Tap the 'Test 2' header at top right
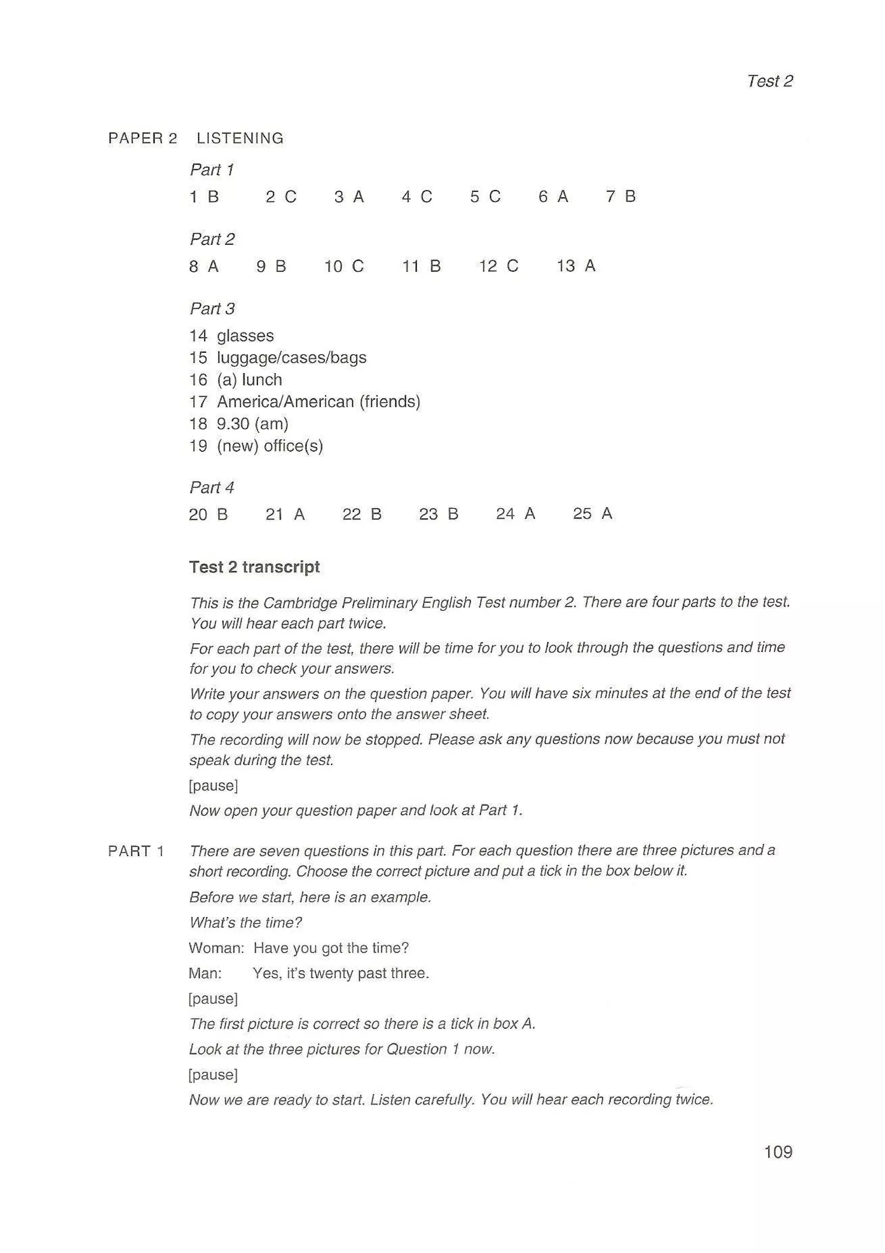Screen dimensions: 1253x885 (769, 81)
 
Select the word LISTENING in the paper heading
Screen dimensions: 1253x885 (240, 139)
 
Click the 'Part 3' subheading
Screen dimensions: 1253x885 (212, 309)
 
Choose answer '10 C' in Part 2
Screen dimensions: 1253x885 (344, 266)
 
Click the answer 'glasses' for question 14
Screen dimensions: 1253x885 (245, 336)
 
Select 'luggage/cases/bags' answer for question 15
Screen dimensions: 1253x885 (291, 358)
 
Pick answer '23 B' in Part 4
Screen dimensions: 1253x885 (439, 514)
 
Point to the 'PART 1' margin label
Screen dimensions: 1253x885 (136, 851)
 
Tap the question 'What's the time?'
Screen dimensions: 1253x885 (245, 922)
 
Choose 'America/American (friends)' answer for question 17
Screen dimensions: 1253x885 (318, 402)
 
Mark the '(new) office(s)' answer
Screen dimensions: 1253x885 (270, 446)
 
